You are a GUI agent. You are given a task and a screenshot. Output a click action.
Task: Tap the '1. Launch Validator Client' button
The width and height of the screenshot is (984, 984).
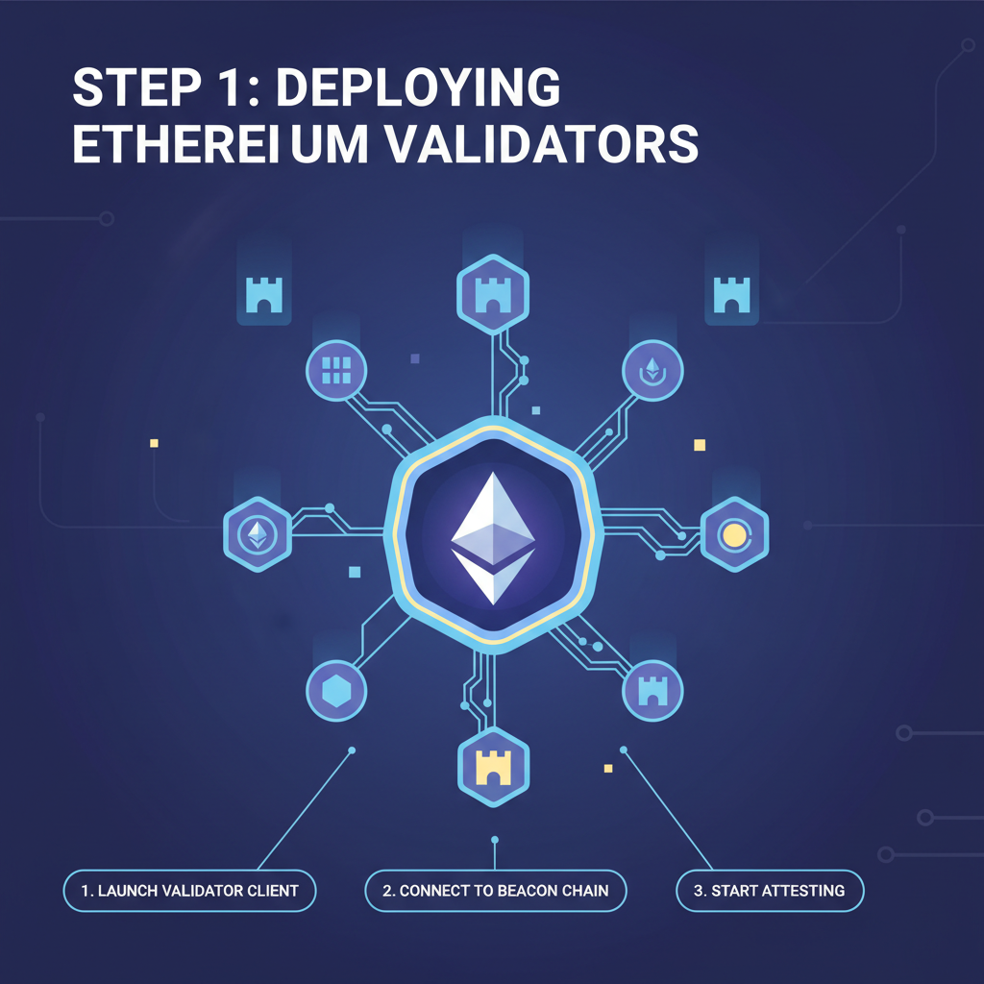tap(189, 891)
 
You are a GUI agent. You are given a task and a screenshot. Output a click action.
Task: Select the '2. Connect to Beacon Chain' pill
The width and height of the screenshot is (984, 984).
tap(495, 891)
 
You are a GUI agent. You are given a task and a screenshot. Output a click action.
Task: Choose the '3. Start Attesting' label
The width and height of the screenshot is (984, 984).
tap(770, 891)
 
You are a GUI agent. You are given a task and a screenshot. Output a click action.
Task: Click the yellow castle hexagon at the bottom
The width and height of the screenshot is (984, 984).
tap(493, 763)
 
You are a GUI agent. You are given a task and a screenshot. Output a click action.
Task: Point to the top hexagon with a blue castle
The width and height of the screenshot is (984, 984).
tap(491, 291)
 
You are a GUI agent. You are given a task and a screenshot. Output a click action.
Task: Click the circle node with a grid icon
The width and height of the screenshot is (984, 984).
tap(336, 370)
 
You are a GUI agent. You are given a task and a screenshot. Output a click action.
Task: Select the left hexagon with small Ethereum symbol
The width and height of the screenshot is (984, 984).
tap(257, 533)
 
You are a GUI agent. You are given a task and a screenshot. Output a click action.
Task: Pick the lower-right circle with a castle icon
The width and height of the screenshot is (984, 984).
tap(652, 690)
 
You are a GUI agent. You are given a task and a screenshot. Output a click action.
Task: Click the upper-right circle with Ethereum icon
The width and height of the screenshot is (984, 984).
tap(652, 371)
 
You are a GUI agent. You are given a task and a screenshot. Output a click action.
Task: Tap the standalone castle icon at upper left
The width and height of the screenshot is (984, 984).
tap(264, 295)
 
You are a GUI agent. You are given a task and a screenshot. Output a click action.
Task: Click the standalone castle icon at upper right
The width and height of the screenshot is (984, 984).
tap(731, 295)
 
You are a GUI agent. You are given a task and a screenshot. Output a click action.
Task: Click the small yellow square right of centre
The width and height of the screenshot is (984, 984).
tap(700, 445)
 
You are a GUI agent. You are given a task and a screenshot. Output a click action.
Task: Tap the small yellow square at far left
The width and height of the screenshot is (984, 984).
tap(154, 443)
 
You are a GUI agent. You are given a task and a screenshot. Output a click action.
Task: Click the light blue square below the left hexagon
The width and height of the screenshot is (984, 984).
tap(355, 572)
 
